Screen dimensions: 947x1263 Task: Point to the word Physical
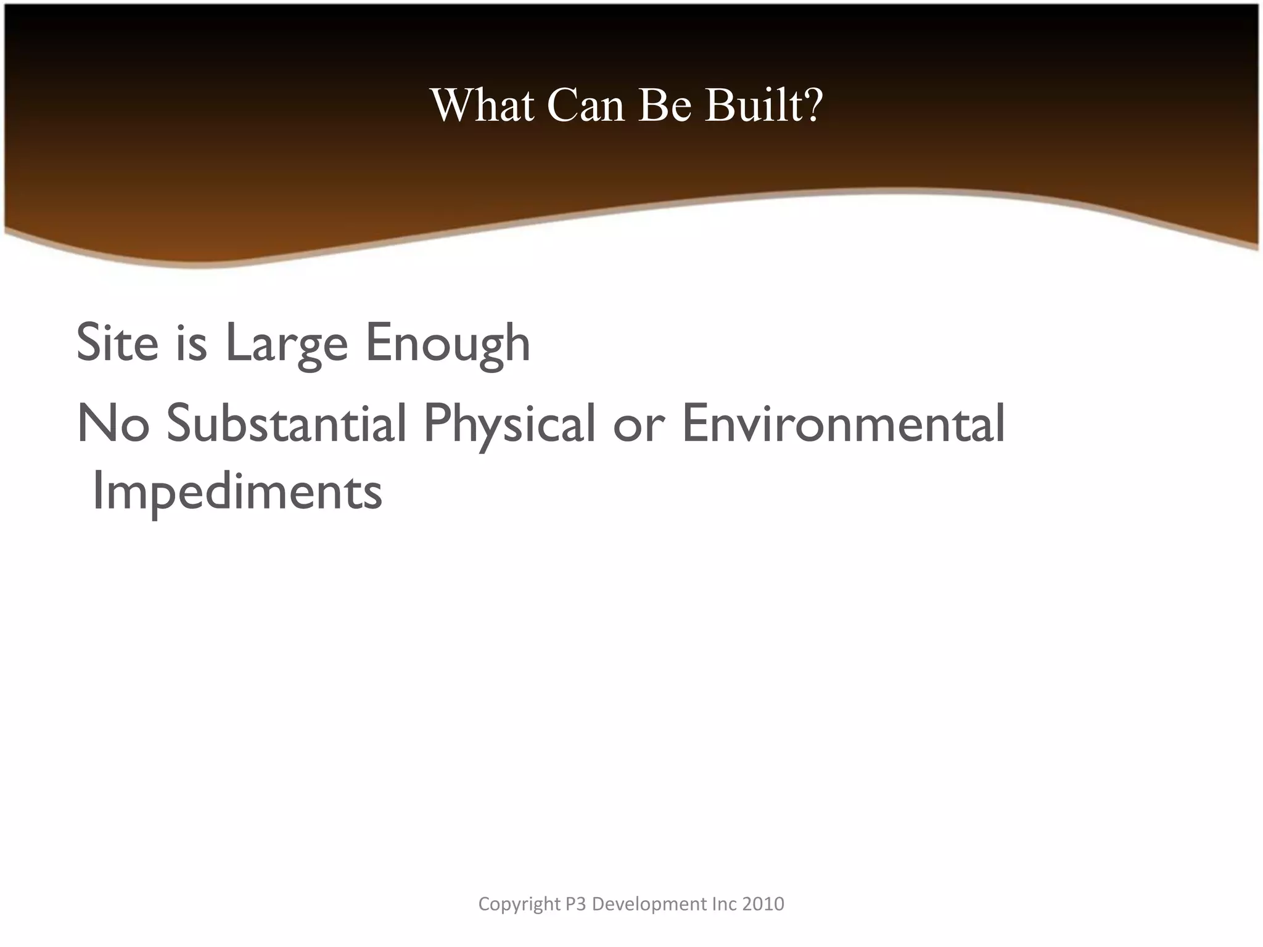[509, 425]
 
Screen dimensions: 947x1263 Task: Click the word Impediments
[237, 493]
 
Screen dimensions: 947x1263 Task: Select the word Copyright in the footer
[519, 904]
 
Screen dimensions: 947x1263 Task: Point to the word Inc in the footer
[724, 904]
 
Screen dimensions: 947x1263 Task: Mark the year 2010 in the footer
[763, 904]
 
